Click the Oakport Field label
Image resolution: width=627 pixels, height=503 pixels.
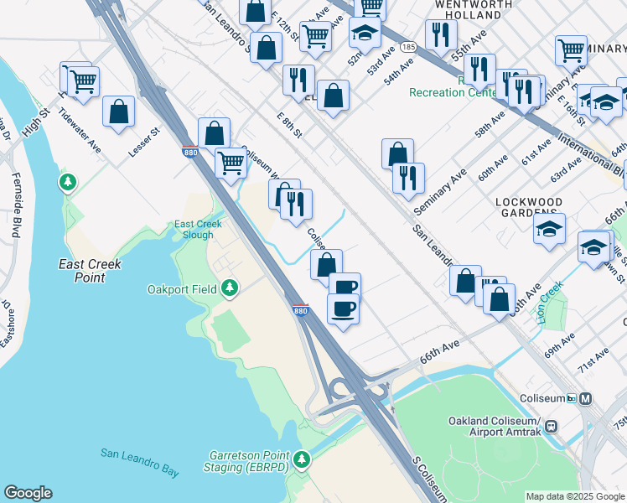(x=183, y=290)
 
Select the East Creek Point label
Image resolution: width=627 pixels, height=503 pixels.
(x=90, y=270)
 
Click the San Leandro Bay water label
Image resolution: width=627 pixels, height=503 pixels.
(x=139, y=463)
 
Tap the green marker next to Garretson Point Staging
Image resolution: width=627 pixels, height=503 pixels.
(x=302, y=459)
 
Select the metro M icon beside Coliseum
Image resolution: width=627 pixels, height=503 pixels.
(x=585, y=398)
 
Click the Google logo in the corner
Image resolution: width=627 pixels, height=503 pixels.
(x=28, y=493)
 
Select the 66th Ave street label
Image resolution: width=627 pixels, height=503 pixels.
(x=440, y=350)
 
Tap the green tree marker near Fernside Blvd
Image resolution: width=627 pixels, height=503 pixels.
(x=68, y=181)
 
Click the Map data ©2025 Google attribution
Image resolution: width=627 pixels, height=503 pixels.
(x=576, y=496)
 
